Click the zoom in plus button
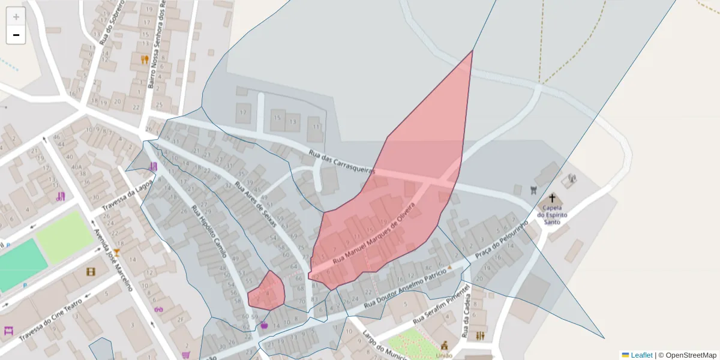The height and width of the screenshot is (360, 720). coord(16,17)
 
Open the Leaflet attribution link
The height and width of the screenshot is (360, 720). coord(641,355)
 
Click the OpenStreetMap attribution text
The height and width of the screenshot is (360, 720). coord(691,355)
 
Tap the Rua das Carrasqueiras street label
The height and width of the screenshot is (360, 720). coord(341,162)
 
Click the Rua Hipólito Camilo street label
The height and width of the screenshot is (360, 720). coord(208,232)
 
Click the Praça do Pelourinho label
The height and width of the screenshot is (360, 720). coord(500,240)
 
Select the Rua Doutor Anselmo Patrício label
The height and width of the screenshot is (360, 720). coord(410,287)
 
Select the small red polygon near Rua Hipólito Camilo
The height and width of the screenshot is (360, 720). coord(267,292)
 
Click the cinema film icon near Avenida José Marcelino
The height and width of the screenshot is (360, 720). coord(91,272)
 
